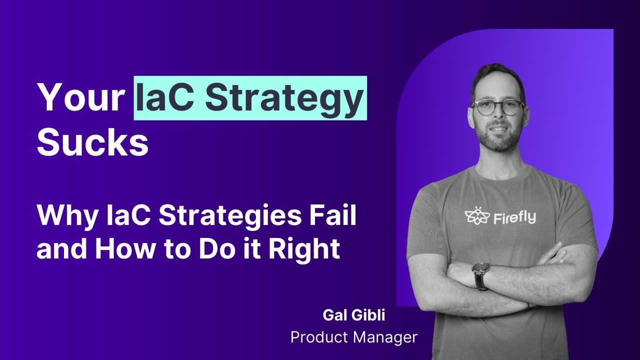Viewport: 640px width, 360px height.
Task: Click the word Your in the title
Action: [80, 98]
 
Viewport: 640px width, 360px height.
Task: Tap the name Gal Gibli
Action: [353, 316]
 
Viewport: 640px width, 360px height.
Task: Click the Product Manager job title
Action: [353, 337]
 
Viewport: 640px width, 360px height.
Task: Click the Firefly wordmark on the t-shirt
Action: [515, 217]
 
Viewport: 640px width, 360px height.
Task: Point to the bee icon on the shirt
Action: [476, 216]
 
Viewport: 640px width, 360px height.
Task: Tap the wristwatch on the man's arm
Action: [480, 274]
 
